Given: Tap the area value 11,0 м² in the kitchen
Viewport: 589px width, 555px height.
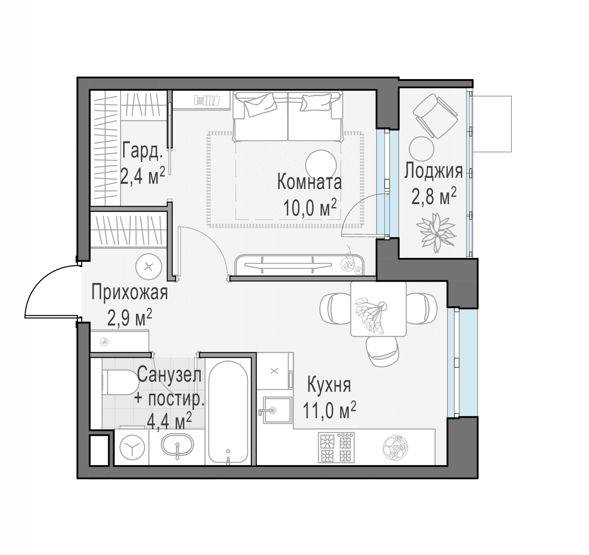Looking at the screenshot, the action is point(329,410).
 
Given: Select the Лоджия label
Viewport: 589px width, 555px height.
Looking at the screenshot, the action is point(434,171).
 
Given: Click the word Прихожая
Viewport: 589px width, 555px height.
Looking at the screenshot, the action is point(129,292).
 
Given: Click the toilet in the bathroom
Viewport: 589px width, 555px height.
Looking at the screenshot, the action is point(120,382).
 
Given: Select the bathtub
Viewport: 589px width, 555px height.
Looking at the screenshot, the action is point(228,412).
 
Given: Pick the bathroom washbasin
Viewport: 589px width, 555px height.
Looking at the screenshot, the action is point(177,445).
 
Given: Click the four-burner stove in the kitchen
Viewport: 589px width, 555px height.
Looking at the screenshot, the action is point(336,448).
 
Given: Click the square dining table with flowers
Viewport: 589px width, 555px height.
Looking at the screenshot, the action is point(378,309).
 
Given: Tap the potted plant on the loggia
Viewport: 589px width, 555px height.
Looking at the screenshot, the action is point(436,233).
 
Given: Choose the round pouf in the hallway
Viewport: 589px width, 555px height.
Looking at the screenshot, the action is point(149,267).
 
